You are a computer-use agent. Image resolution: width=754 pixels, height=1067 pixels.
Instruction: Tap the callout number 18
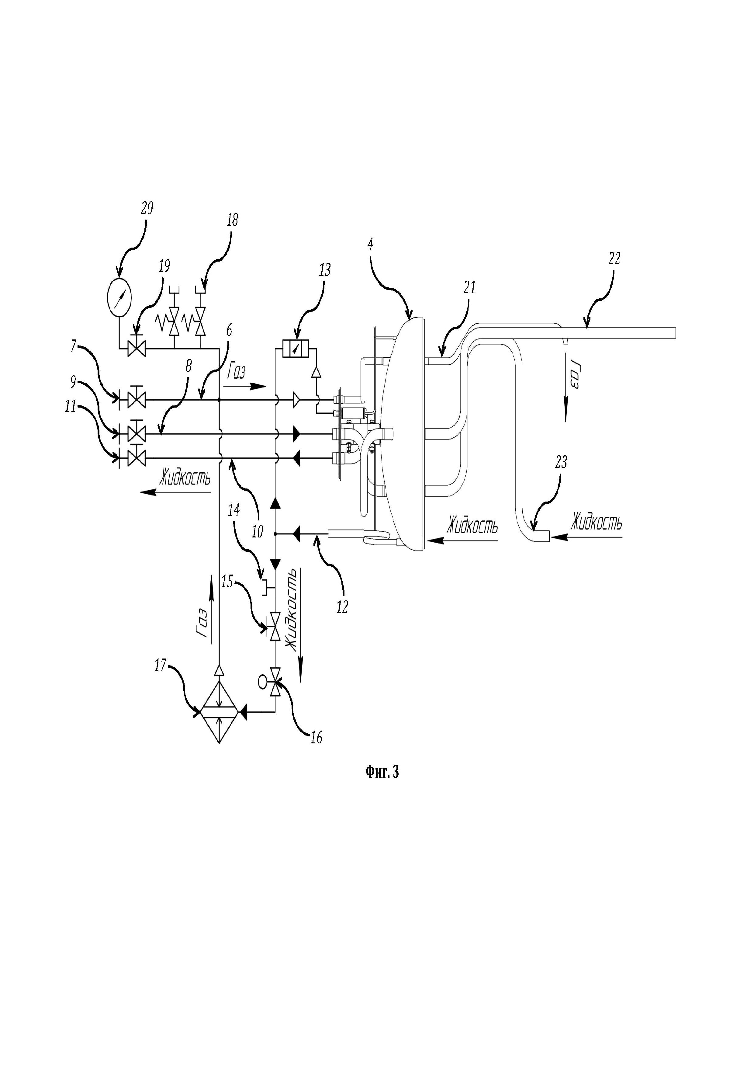click(232, 220)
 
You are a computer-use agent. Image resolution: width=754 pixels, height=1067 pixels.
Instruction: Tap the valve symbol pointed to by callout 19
click(136, 348)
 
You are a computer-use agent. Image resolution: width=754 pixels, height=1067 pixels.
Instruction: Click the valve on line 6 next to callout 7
click(136, 399)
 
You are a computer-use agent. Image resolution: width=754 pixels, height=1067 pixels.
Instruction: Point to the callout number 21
click(470, 288)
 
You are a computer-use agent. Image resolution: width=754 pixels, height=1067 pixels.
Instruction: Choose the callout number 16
click(316, 738)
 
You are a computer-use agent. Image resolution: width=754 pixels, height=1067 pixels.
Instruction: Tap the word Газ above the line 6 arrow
click(237, 372)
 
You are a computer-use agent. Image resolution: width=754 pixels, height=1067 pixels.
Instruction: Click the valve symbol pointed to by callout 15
click(275, 627)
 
